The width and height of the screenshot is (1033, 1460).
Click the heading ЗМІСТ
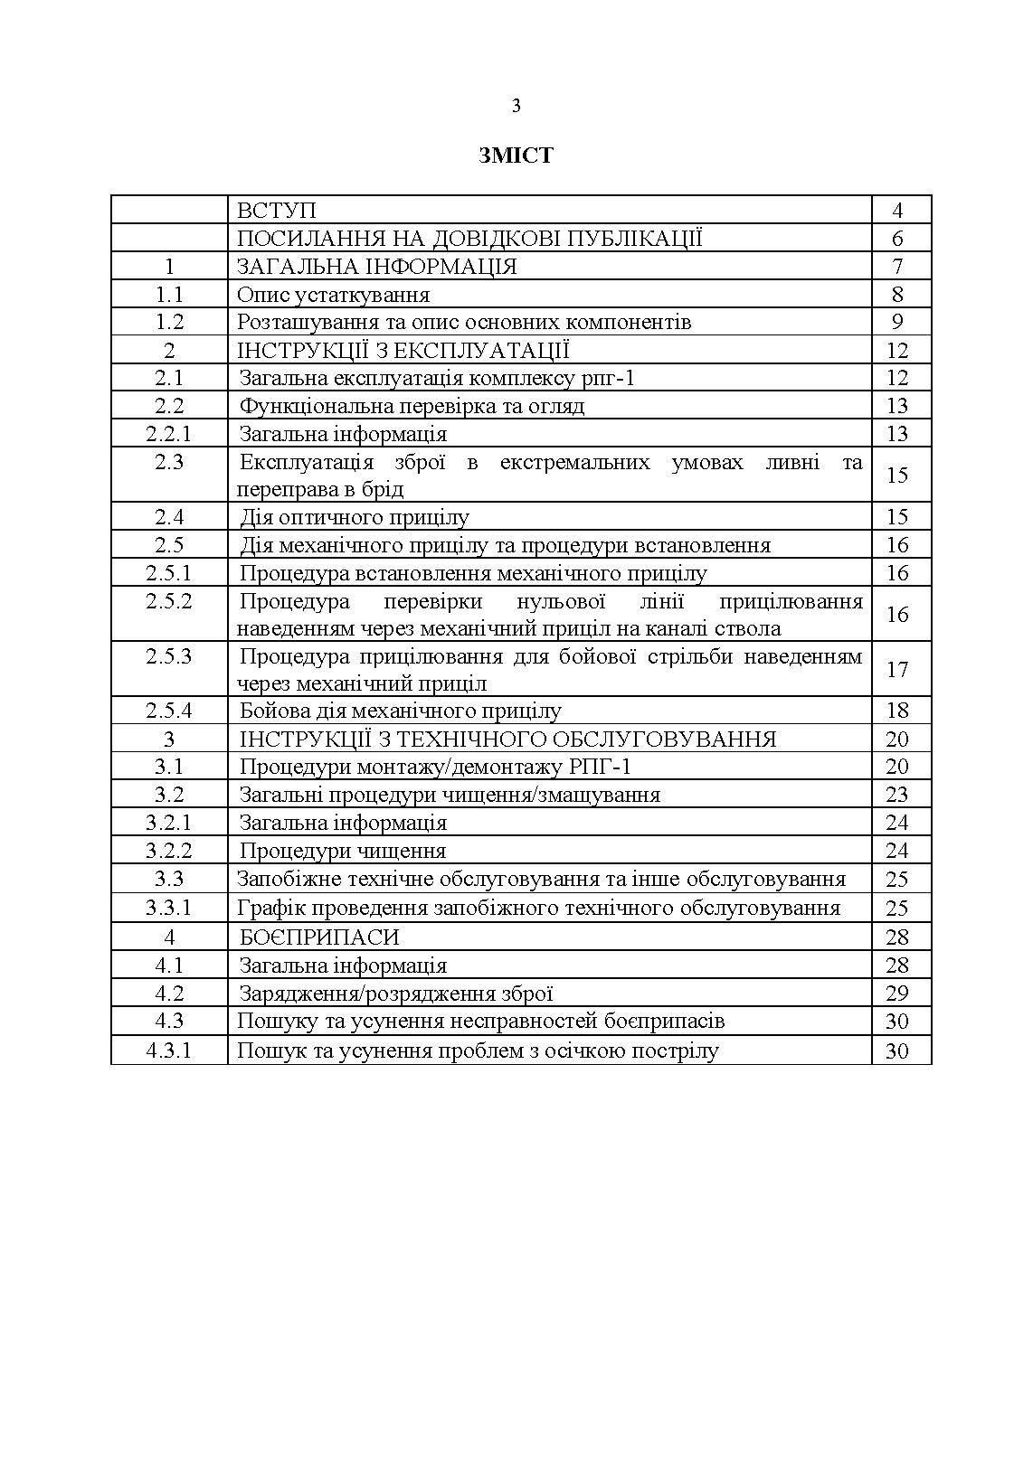point(516,155)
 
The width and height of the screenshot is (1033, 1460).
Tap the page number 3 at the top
point(516,107)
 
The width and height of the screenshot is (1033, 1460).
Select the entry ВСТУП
point(276,211)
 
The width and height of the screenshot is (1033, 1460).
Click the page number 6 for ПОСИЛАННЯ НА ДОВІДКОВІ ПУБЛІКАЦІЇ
point(897,239)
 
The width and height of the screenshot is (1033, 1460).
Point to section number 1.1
point(169,295)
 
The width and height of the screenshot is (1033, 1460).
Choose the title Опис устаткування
point(333,295)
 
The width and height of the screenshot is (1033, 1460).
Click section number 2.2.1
point(169,434)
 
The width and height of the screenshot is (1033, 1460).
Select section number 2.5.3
point(169,656)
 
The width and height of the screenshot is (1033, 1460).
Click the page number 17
point(897,669)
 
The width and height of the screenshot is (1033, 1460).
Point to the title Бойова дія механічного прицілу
point(401,711)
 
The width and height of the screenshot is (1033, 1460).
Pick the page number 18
point(897,711)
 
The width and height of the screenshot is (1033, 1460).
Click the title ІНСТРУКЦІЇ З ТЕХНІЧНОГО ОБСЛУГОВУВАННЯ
point(508,739)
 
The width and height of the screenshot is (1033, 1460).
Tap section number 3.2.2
point(169,851)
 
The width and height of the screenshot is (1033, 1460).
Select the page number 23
point(897,795)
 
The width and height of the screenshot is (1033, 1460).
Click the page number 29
point(897,994)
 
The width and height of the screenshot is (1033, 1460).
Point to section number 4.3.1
point(169,1050)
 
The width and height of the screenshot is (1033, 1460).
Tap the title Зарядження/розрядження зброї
point(396,994)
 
